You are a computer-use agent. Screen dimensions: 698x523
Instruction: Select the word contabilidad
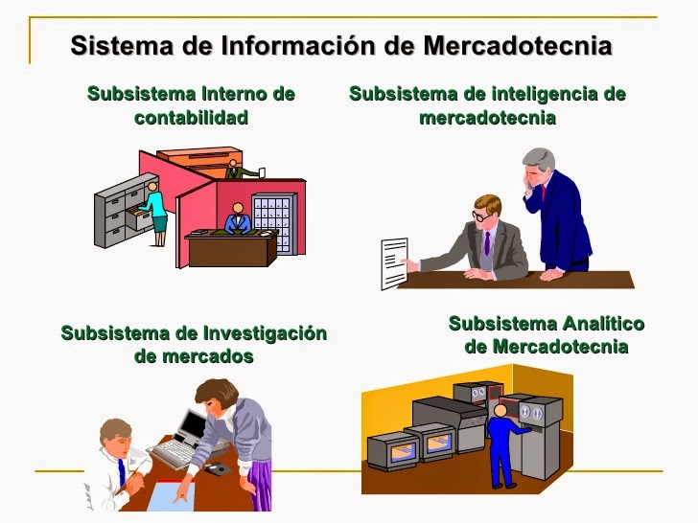click(x=191, y=118)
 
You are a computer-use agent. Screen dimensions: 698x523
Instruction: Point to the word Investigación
click(x=265, y=333)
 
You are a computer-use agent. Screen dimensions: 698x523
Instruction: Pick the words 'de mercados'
click(x=194, y=356)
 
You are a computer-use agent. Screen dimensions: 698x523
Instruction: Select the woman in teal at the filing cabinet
click(x=155, y=209)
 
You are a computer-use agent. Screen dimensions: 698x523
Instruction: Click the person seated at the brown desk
click(x=236, y=219)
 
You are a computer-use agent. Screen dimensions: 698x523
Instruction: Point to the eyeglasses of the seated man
click(x=479, y=216)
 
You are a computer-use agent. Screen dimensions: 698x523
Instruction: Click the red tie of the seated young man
click(x=122, y=471)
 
